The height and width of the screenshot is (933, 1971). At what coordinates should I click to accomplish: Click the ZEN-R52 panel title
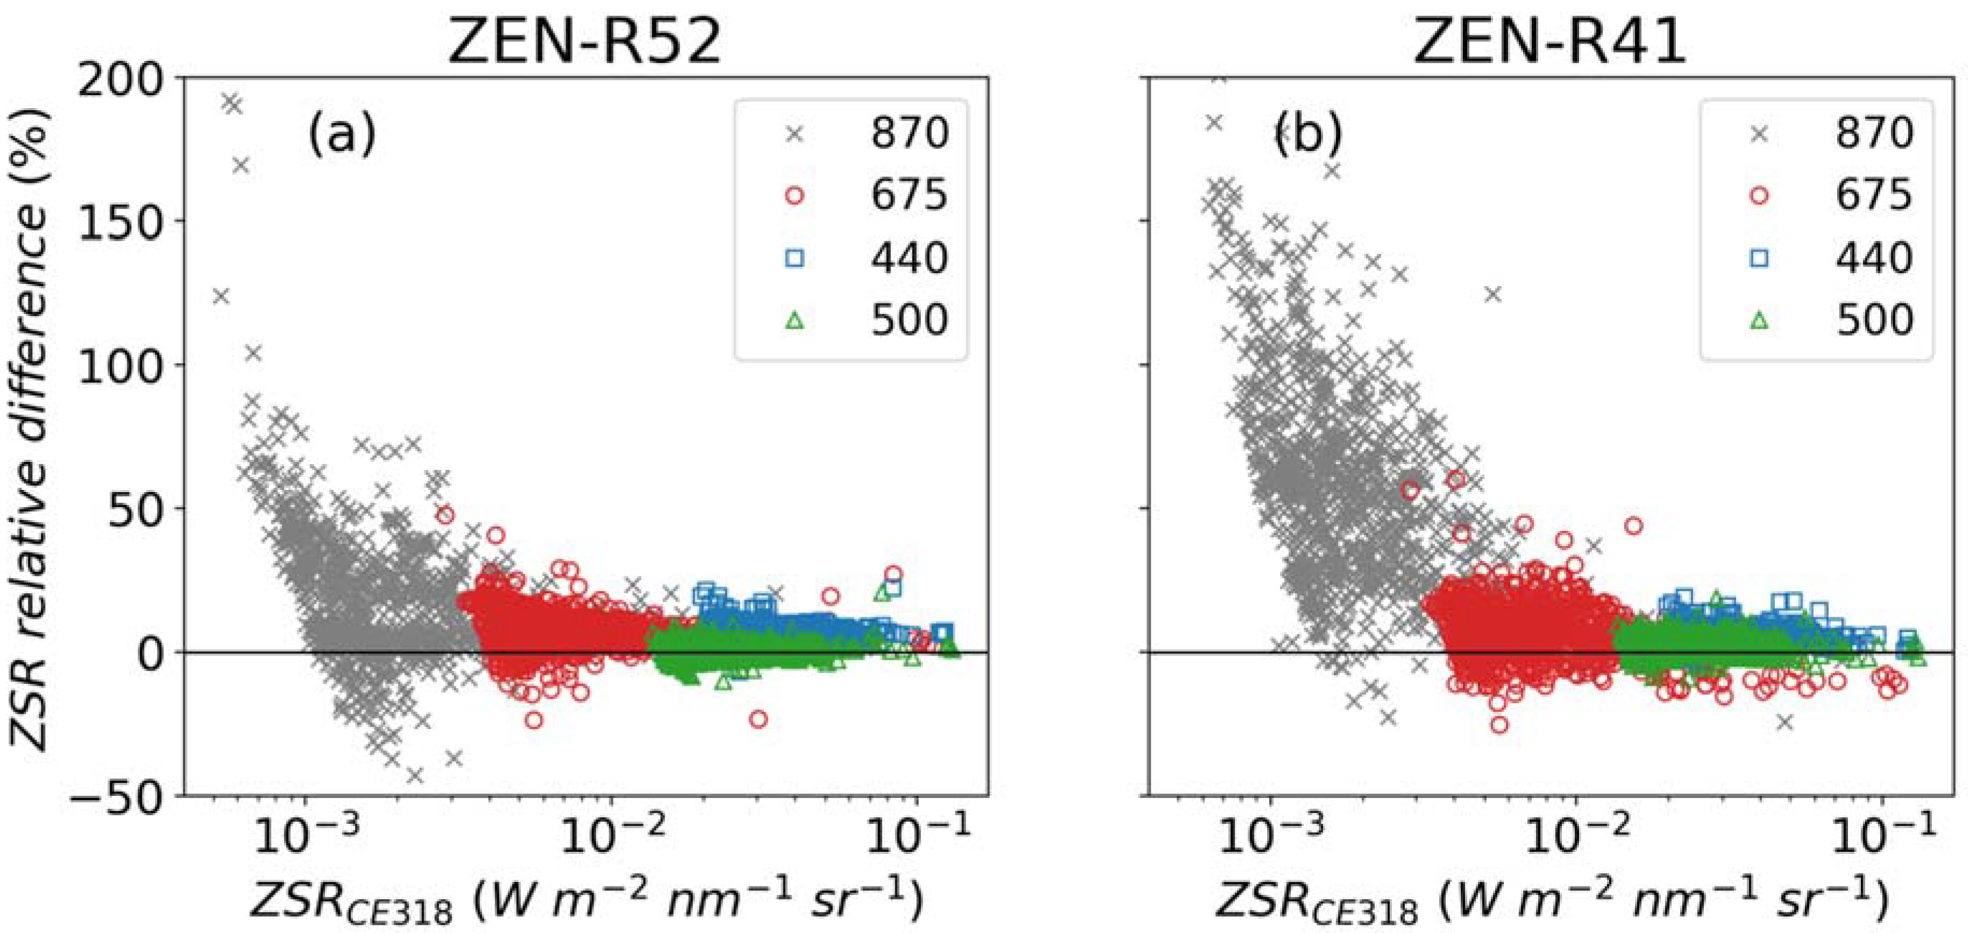click(x=585, y=42)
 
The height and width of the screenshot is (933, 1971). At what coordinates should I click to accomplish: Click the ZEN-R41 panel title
click(x=1549, y=42)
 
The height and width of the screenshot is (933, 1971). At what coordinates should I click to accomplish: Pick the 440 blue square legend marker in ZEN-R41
click(x=1759, y=258)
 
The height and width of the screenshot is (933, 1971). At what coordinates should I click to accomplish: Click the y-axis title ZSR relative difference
click(x=31, y=429)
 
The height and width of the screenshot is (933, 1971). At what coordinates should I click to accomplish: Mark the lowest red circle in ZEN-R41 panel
click(x=1499, y=724)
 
